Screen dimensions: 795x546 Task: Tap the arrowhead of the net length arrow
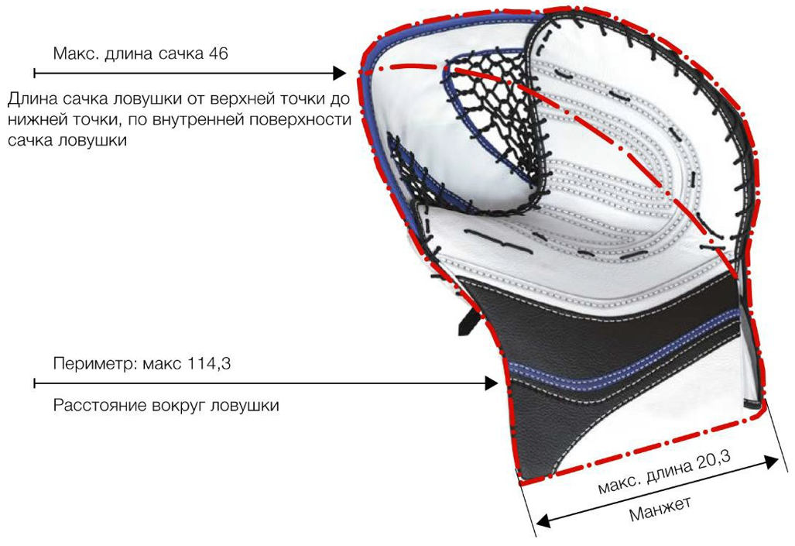339,73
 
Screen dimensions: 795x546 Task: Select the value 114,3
209,364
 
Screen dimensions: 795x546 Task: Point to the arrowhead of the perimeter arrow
491,383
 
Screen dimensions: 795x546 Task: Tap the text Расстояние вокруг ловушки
166,406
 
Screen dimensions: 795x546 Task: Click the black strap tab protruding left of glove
468,323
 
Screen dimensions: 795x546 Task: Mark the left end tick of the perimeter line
34,383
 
